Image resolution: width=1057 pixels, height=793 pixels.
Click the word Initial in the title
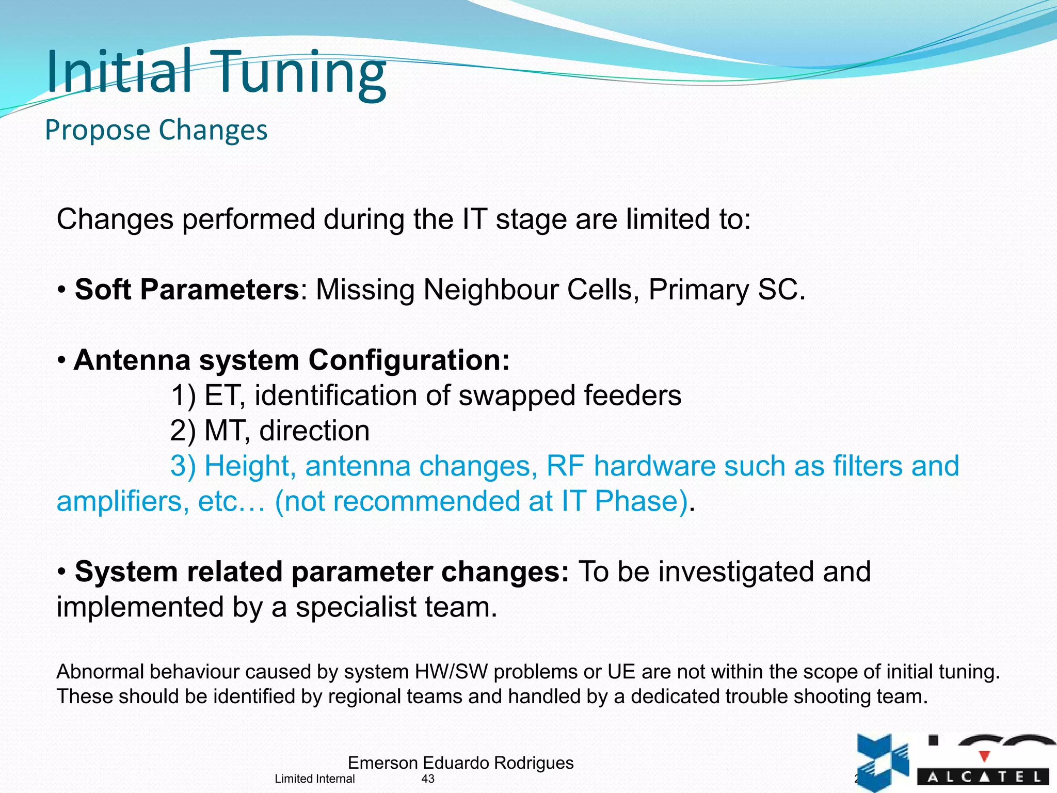119,72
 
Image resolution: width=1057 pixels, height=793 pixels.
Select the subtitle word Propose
97,130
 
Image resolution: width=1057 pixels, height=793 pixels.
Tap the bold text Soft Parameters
187,290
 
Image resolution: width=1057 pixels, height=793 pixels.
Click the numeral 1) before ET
183,396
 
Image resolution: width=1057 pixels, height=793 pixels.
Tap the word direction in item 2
314,431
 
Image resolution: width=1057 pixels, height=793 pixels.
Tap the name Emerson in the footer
382,763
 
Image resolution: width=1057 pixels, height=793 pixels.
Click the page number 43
428,779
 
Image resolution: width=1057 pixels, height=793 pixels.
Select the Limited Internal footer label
314,779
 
